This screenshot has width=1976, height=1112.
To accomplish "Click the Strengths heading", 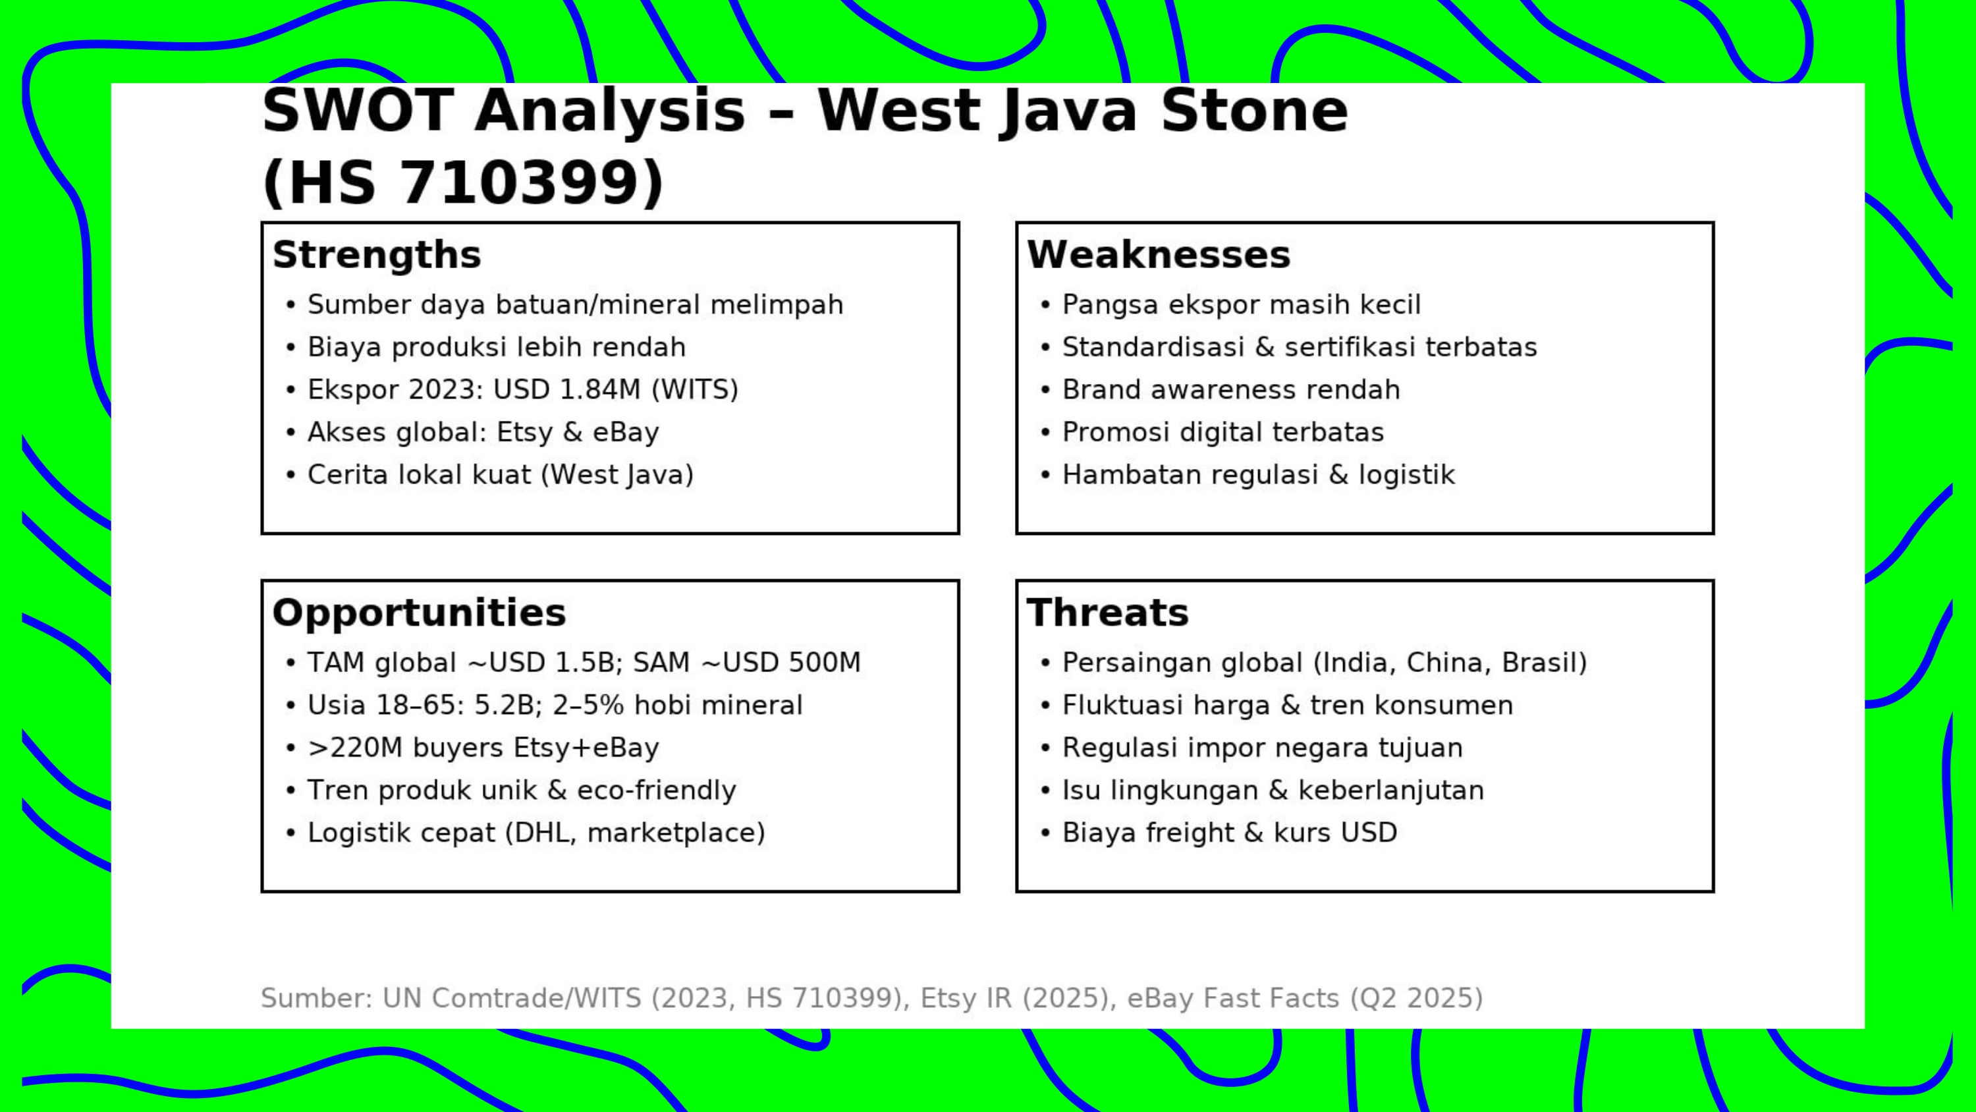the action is click(x=377, y=255).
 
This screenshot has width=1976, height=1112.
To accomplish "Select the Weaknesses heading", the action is click(x=1159, y=255).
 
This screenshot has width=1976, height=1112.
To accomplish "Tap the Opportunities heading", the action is click(x=419, y=613).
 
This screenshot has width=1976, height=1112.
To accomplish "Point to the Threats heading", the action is click(x=1108, y=613).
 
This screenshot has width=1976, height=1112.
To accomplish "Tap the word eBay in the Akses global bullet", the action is click(x=625, y=433).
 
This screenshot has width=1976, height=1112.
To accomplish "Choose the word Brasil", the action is click(x=1538, y=663).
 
